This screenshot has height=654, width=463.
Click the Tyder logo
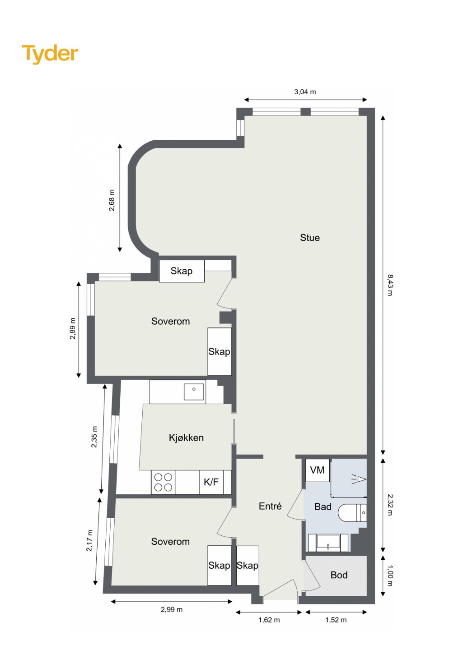(x=50, y=54)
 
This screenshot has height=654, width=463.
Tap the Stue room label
(x=310, y=238)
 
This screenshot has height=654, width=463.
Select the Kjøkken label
(x=186, y=438)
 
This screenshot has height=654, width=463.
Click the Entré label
(x=270, y=506)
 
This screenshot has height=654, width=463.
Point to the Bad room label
(x=323, y=507)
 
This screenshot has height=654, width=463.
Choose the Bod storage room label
(x=339, y=575)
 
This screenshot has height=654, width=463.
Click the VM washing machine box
(x=318, y=470)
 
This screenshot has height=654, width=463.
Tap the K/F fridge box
(x=211, y=482)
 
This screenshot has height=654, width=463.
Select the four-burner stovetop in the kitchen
(x=163, y=482)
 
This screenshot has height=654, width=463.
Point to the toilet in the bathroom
(x=352, y=512)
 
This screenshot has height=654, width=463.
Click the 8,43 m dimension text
(x=390, y=285)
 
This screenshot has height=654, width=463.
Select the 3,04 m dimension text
(x=305, y=92)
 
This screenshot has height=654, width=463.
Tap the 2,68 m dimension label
(x=112, y=200)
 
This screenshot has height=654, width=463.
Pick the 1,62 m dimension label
(x=269, y=620)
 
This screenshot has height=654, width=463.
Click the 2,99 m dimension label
(x=172, y=610)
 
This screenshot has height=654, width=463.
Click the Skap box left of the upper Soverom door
(x=182, y=271)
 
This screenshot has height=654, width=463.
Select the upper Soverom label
(x=170, y=322)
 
